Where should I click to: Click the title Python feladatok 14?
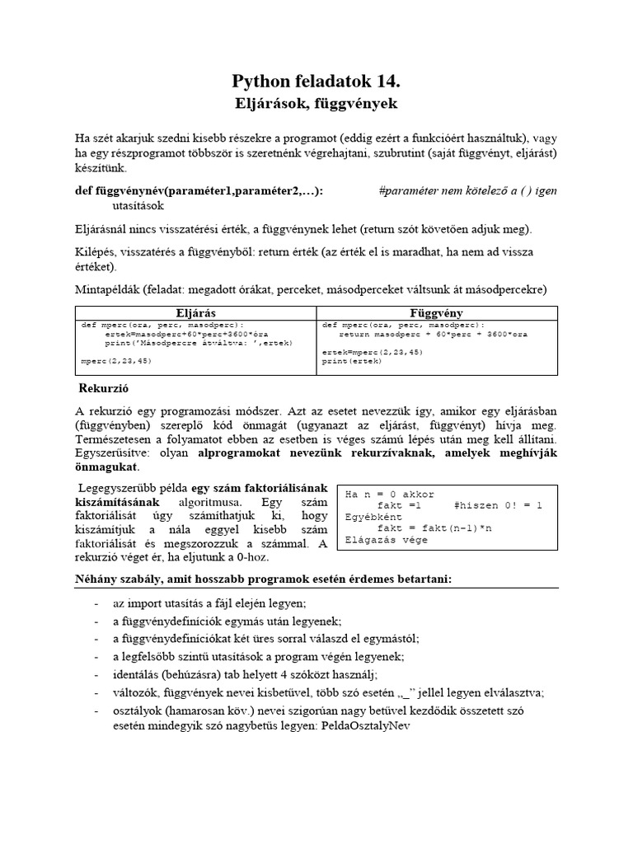(316, 81)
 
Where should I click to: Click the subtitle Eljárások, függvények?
(316, 104)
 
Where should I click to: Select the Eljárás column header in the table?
(196, 313)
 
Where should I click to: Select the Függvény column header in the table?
(437, 313)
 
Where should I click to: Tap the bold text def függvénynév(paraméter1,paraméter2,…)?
(199, 191)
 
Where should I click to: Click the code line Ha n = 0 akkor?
(389, 495)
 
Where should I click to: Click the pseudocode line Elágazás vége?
(386, 540)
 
